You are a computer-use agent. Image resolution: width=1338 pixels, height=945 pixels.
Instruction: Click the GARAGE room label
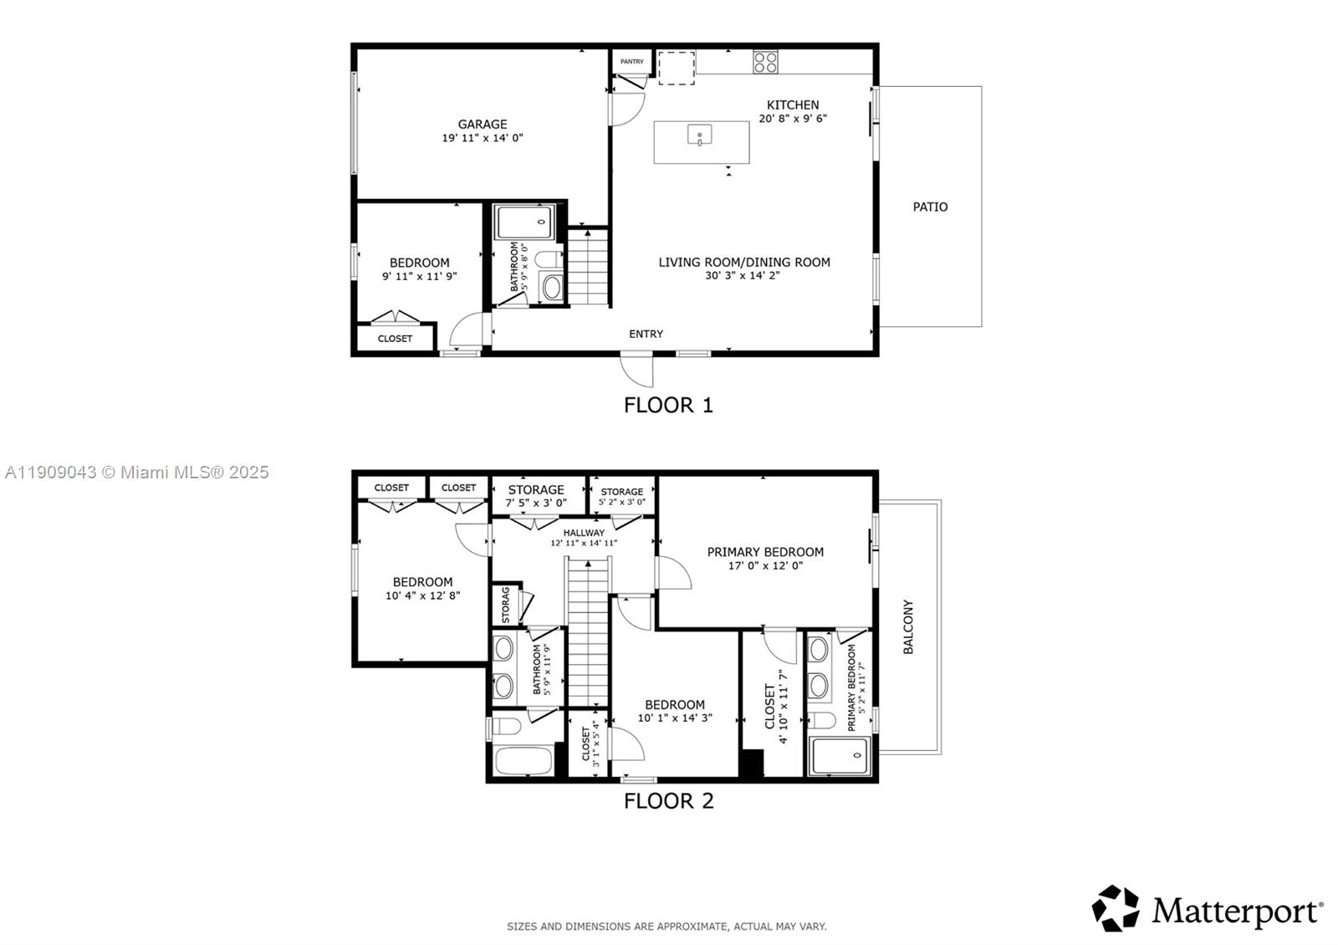click(x=483, y=125)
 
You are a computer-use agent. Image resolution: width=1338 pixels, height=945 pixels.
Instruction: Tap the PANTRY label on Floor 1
click(x=632, y=61)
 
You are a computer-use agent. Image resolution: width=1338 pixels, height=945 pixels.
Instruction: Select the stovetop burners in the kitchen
click(x=766, y=61)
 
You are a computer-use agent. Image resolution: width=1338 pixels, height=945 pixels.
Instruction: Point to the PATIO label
click(x=930, y=207)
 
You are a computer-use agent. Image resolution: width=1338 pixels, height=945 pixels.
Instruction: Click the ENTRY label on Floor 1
click(x=646, y=334)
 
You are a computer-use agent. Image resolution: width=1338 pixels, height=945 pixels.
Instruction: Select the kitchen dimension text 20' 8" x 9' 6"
click(x=793, y=119)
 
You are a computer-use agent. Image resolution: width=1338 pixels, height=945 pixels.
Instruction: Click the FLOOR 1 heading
click(x=668, y=406)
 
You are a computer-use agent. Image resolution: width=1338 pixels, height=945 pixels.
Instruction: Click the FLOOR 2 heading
click(x=668, y=801)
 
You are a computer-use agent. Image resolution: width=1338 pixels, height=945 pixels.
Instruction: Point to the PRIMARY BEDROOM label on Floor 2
click(x=765, y=552)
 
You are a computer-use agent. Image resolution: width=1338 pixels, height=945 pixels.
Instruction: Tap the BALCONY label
click(x=908, y=626)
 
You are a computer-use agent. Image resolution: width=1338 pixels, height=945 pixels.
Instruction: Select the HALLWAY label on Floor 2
click(x=584, y=533)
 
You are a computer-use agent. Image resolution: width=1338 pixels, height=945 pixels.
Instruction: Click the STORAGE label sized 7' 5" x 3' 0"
click(x=536, y=490)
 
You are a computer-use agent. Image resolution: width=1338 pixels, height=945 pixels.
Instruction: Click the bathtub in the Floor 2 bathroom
click(x=523, y=761)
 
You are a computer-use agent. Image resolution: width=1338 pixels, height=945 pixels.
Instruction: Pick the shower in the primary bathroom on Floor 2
click(x=840, y=756)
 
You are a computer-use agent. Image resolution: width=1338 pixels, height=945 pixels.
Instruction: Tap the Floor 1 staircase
click(x=588, y=268)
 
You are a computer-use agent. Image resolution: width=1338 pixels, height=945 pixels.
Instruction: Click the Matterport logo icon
click(x=1116, y=908)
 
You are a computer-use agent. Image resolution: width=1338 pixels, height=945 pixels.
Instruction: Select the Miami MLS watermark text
click(x=137, y=472)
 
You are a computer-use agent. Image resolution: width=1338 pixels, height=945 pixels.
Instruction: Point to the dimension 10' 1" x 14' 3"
click(x=675, y=718)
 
